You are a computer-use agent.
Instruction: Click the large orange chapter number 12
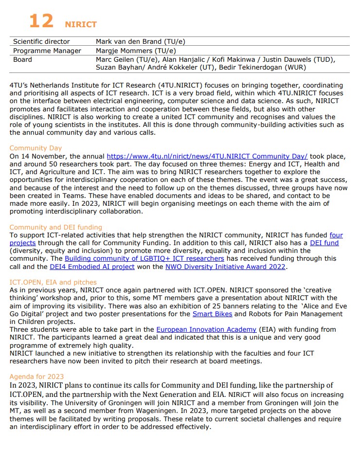(41, 21)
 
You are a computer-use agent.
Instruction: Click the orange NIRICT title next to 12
(80, 24)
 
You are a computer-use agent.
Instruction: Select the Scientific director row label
(41, 42)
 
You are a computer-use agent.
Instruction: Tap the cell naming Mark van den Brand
(140, 42)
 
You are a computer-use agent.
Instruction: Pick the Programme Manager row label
(47, 51)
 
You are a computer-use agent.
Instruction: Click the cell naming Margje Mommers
(136, 51)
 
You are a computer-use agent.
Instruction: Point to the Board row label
(22, 59)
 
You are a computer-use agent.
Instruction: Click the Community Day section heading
(36, 148)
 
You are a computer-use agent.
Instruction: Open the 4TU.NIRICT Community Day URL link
(207, 156)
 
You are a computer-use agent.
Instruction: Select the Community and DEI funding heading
(55, 227)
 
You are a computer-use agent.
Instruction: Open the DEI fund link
(324, 243)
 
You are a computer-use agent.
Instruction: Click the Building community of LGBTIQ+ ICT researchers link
(144, 258)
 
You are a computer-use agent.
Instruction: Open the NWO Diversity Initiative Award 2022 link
(225, 267)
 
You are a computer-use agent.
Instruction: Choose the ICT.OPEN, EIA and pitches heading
(53, 282)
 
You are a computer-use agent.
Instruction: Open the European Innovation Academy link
(206, 329)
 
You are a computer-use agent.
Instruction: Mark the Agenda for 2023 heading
(36, 376)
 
